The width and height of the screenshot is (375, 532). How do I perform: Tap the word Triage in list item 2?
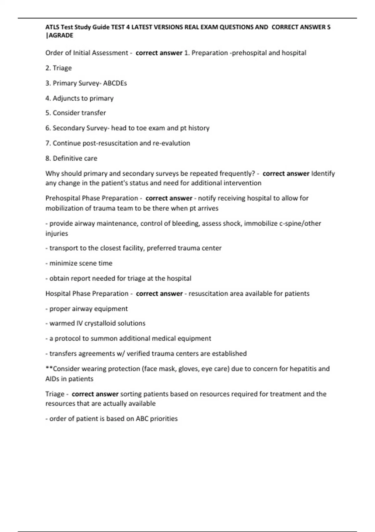click(x=62, y=68)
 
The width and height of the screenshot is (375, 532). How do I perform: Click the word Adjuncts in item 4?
click(x=66, y=98)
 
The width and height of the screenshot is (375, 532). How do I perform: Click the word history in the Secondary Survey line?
click(x=199, y=128)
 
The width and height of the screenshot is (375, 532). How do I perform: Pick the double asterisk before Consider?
click(x=49, y=368)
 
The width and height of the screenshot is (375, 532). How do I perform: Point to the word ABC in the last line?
click(x=142, y=419)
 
